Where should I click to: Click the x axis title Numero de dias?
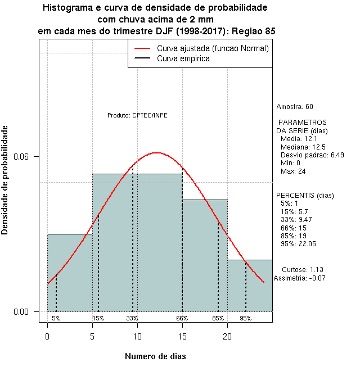155,356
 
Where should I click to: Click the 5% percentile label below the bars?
56,318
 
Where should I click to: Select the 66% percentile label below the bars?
182,318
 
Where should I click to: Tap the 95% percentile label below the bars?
246,318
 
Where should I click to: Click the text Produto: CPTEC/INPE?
137,115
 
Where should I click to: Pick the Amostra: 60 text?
295,107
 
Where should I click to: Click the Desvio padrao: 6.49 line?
308,155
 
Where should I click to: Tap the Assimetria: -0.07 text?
299,278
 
